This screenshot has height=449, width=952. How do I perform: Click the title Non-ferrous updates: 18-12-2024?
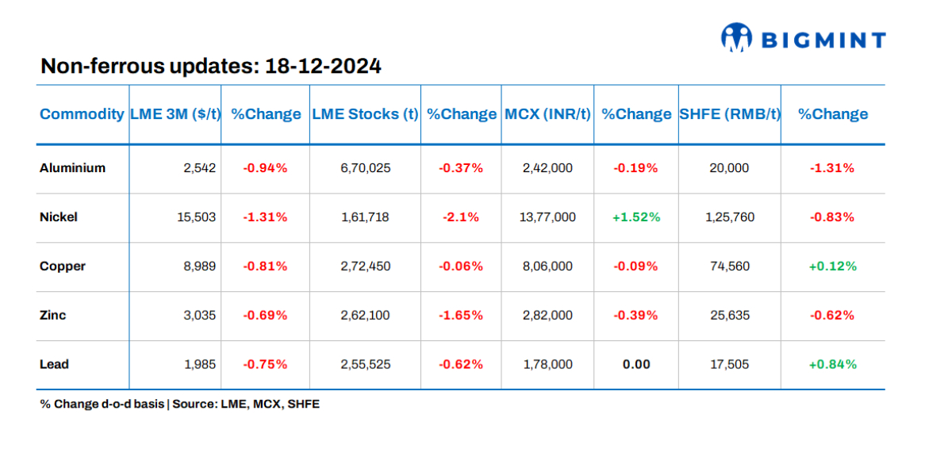pyautogui.click(x=210, y=66)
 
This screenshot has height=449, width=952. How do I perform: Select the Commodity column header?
pyautogui.click(x=82, y=114)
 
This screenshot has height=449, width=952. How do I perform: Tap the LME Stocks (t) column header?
pyautogui.click(x=365, y=114)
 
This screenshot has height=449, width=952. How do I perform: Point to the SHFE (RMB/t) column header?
pyautogui.click(x=730, y=114)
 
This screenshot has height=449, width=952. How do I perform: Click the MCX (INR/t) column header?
pyautogui.click(x=547, y=114)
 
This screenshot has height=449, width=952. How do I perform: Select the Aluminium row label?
pyautogui.click(x=72, y=168)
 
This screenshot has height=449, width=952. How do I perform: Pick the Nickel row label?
pyautogui.click(x=59, y=217)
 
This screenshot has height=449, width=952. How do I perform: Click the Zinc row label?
pyautogui.click(x=53, y=316)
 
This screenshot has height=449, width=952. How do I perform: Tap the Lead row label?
pyautogui.click(x=54, y=365)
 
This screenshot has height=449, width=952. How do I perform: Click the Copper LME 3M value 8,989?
pyautogui.click(x=200, y=267)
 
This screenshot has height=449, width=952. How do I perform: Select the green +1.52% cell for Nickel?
pyautogui.click(x=635, y=217)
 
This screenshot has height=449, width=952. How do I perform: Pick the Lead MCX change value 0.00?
pyautogui.click(x=635, y=365)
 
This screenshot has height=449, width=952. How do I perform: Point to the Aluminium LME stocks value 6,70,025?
pyautogui.click(x=364, y=168)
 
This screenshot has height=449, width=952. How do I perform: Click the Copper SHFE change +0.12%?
pyautogui.click(x=832, y=267)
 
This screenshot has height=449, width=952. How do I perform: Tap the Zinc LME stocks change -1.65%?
pyautogui.click(x=460, y=316)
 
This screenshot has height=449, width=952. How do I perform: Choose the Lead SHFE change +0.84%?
pyautogui.click(x=832, y=365)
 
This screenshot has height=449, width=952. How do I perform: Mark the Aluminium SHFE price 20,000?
pyautogui.click(x=729, y=168)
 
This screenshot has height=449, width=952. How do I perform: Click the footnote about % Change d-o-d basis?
pyautogui.click(x=179, y=405)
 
